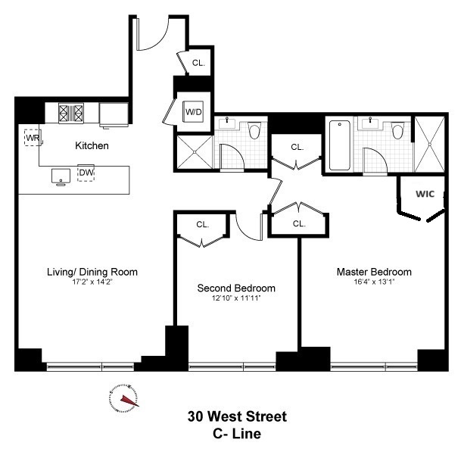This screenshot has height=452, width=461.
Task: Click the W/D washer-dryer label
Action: pyautogui.click(x=193, y=113)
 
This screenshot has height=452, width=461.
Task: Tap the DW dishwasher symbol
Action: pyautogui.click(x=86, y=173)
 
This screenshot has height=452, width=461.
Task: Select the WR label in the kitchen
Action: pyautogui.click(x=32, y=138)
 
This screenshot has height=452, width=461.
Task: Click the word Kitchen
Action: pyautogui.click(x=91, y=145)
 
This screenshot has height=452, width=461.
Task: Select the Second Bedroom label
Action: pyautogui.click(x=236, y=288)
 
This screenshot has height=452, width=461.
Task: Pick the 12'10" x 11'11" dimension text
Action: pyautogui.click(x=236, y=298)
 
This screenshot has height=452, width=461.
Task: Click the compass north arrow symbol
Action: pyautogui.click(x=125, y=397)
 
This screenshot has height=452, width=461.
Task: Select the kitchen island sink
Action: pyautogui.click(x=61, y=176)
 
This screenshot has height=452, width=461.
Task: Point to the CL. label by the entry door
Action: pyautogui.click(x=198, y=64)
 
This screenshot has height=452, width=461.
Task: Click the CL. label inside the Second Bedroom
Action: pyautogui.click(x=203, y=225)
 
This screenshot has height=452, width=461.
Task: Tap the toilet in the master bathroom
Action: pyautogui.click(x=399, y=131)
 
